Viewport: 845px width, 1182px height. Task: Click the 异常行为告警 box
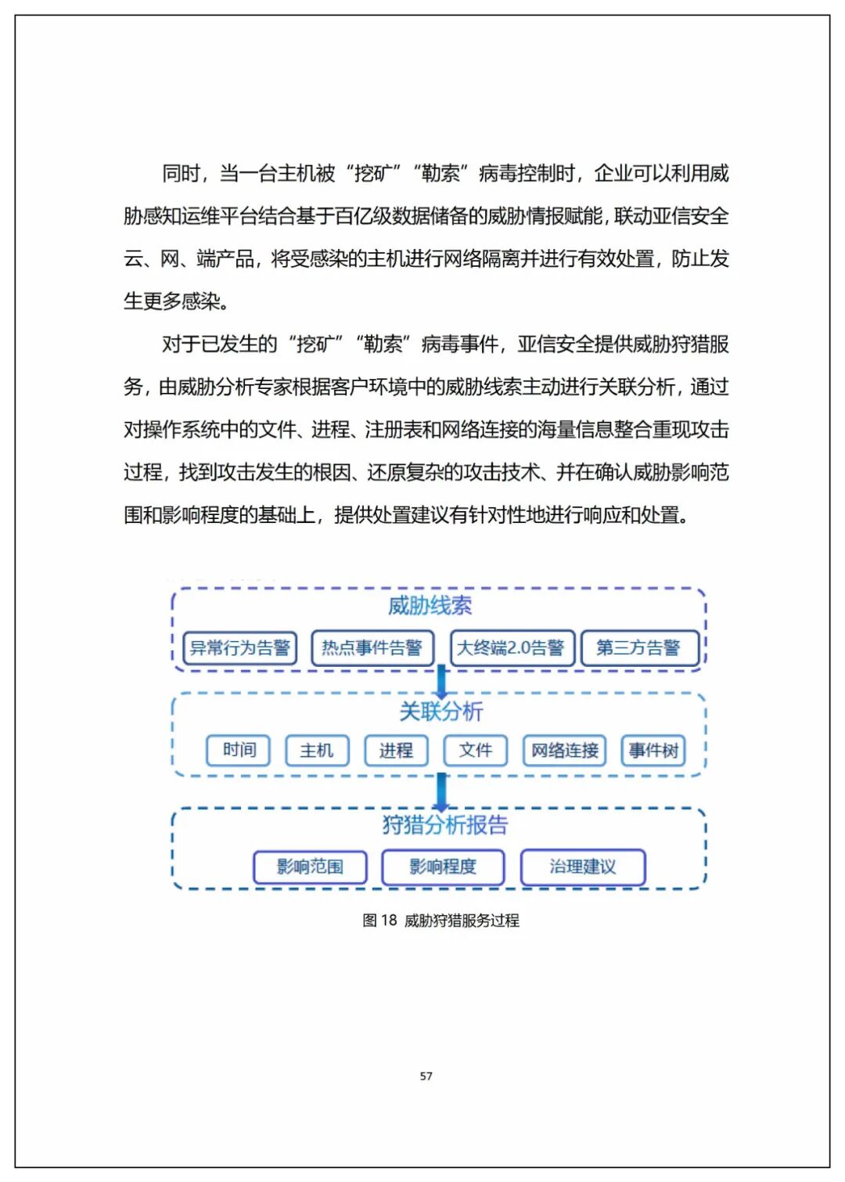[239, 648]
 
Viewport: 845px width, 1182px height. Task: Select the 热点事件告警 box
[372, 648]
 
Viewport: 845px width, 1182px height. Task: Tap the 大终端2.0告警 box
[512, 648]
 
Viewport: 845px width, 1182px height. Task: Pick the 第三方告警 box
[639, 648]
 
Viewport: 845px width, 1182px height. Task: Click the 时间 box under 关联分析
[239, 750]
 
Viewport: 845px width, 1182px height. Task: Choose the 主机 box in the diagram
[317, 750]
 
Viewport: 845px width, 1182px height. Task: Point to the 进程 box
[396, 750]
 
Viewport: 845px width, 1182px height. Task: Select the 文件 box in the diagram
[476, 750]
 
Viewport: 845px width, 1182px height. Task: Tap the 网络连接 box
[564, 750]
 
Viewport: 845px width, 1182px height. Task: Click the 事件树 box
[653, 750]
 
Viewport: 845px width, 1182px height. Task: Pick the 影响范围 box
[310, 867]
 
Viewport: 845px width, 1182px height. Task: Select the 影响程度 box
[443, 867]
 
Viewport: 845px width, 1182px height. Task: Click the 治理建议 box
[583, 867]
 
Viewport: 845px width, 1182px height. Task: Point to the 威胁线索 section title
[430, 605]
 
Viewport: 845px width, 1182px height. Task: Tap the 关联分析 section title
[440, 711]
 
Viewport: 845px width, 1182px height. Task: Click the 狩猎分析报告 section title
[444, 824]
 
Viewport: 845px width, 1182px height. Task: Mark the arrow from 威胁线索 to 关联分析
[441, 682]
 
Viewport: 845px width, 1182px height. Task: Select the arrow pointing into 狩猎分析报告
[441, 792]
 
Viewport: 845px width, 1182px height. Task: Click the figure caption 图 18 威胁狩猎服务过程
[440, 921]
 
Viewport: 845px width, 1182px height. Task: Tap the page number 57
[426, 1076]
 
